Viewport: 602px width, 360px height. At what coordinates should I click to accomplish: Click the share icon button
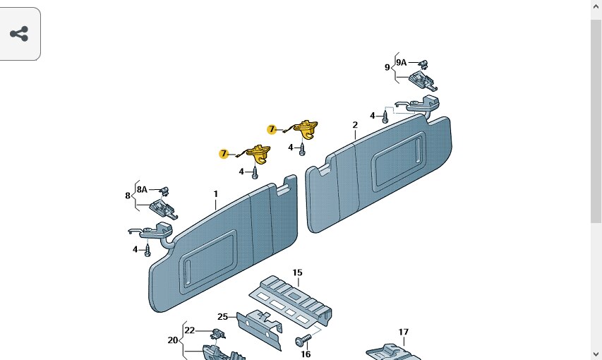[x=19, y=34]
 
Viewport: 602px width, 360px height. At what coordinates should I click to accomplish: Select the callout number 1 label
[x=216, y=194]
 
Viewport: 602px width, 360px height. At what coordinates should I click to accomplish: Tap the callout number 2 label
[x=355, y=125]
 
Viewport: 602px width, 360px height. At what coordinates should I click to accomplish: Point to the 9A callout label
[x=401, y=62]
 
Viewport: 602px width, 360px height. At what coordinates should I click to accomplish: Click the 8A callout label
[x=142, y=189]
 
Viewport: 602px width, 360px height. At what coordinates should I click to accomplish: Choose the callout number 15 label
[x=297, y=272]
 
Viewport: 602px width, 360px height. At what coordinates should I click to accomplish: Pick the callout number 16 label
[x=306, y=354]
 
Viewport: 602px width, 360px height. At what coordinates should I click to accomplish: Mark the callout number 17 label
[x=403, y=332]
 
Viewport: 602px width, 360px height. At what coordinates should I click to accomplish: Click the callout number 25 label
[x=222, y=316]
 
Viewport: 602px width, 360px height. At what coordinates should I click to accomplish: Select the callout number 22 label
[x=189, y=330]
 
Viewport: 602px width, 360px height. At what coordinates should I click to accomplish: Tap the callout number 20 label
[x=173, y=340]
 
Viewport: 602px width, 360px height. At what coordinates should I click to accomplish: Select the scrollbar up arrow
[x=596, y=6]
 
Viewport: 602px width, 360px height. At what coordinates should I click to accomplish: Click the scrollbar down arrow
[x=596, y=354]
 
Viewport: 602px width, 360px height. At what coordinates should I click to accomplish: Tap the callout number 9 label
[x=387, y=68]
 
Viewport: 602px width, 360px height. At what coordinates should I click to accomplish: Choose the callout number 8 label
[x=128, y=196]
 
